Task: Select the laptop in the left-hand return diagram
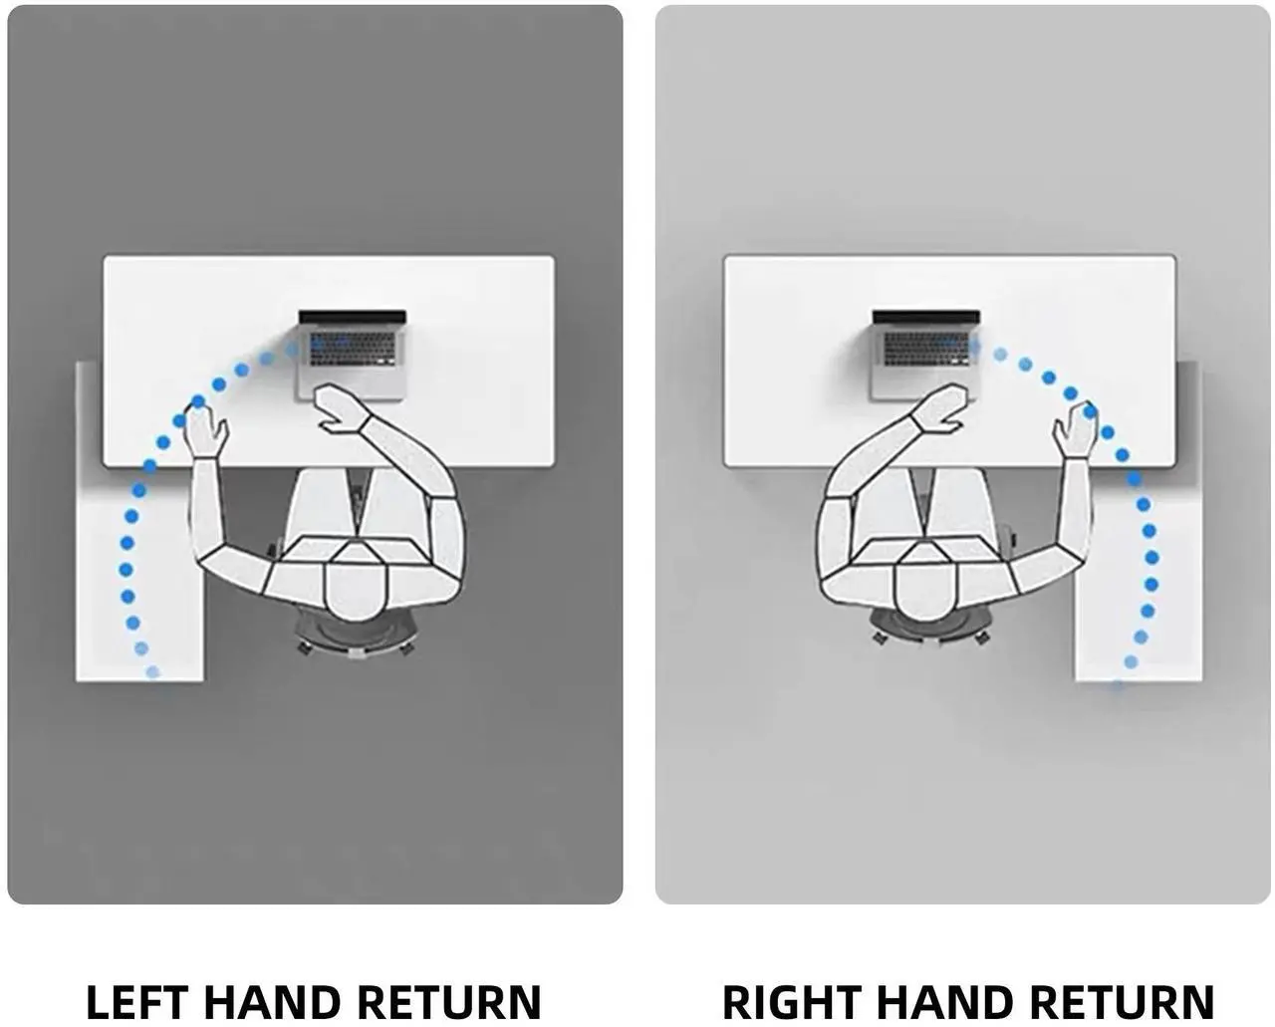click(x=352, y=355)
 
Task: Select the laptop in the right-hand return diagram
click(x=925, y=355)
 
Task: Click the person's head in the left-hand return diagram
click(x=353, y=588)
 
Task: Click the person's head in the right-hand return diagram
click(x=923, y=588)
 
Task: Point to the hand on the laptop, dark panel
click(x=340, y=407)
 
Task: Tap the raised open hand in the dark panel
click(x=205, y=429)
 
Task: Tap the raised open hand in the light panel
click(x=1074, y=429)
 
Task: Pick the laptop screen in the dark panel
click(x=353, y=317)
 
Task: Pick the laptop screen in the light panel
click(x=926, y=317)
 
